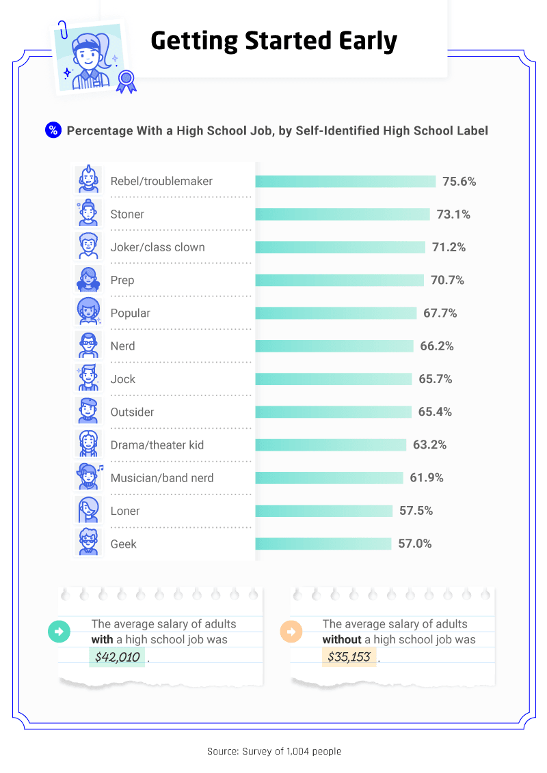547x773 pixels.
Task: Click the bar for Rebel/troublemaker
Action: (x=345, y=181)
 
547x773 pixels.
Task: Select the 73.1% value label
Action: (x=453, y=214)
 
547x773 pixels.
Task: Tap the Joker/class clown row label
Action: (x=157, y=247)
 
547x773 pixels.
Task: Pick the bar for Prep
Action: (x=340, y=280)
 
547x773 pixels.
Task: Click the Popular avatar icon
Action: (x=88, y=312)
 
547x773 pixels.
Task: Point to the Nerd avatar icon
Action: (x=88, y=345)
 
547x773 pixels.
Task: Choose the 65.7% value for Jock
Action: (x=435, y=379)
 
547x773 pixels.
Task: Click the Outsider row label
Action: (x=132, y=412)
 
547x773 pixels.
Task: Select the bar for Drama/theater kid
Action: (x=331, y=445)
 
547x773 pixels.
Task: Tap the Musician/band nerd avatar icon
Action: (x=88, y=477)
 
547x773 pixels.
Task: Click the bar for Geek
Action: (x=323, y=544)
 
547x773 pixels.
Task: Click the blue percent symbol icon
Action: (x=53, y=130)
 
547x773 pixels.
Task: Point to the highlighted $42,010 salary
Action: (x=117, y=658)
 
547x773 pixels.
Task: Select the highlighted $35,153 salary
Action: (x=349, y=658)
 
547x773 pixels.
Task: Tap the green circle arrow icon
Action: (x=59, y=632)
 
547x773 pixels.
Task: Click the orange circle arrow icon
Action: (x=291, y=632)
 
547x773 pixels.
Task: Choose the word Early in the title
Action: (x=364, y=41)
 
